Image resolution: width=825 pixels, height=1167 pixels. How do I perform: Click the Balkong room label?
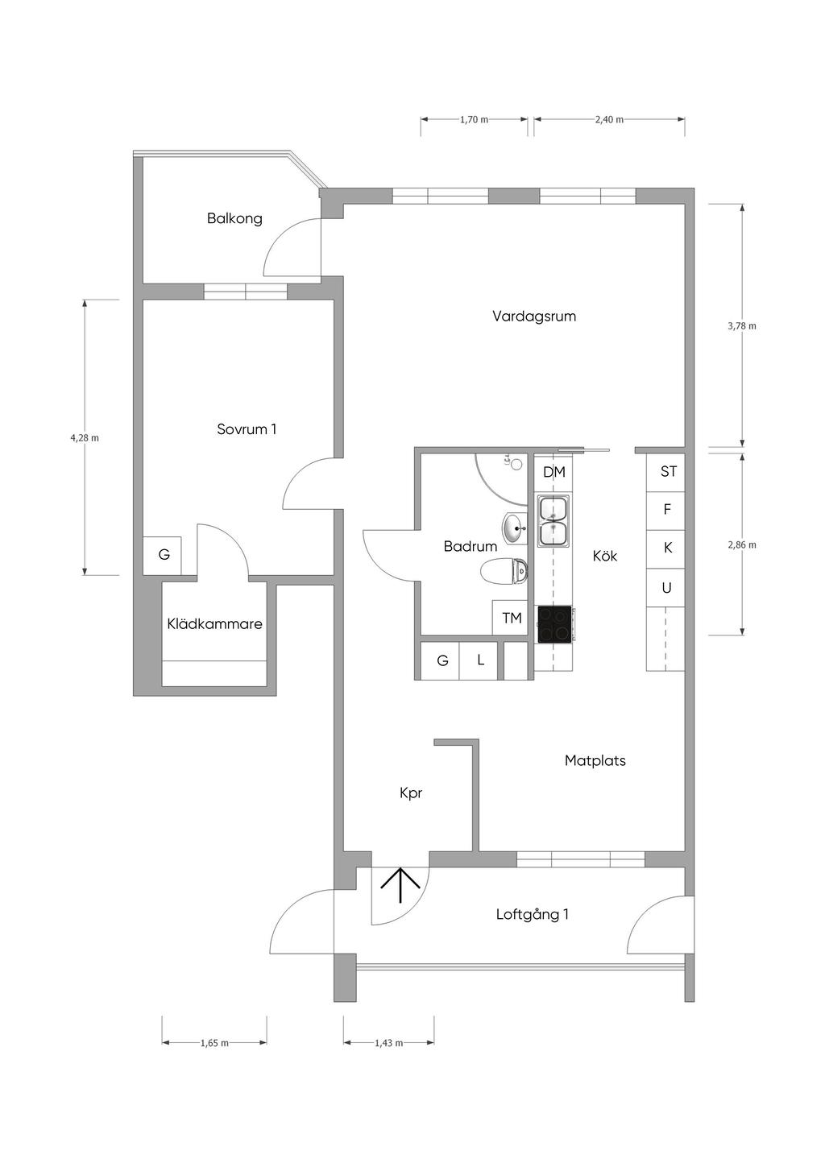pos(234,218)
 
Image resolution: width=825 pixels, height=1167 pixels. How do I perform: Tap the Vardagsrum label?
pos(534,317)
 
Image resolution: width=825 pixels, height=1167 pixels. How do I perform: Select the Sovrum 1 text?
pos(247,429)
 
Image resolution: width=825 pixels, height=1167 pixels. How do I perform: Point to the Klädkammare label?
pos(215,623)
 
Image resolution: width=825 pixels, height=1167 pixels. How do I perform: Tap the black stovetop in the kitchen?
pos(554,624)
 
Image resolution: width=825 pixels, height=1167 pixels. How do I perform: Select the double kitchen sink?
pos(553,521)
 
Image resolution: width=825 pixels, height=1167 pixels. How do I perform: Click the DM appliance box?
pos(553,473)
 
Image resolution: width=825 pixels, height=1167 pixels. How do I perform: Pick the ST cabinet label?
pos(669,471)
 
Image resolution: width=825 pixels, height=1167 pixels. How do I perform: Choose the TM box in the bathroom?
pos(511,618)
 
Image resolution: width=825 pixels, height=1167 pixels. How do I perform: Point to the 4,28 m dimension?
pos(85,437)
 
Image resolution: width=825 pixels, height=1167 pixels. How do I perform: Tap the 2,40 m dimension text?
pos(609,119)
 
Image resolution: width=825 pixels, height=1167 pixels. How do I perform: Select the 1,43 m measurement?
pos(389,1043)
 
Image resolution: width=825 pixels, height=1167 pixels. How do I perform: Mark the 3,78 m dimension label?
pos(742,326)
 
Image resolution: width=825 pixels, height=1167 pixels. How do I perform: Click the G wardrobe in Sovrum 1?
pos(163,556)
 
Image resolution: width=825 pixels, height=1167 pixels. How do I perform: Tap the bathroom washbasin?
pos(515,528)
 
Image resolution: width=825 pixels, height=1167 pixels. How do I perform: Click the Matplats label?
pos(595,760)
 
